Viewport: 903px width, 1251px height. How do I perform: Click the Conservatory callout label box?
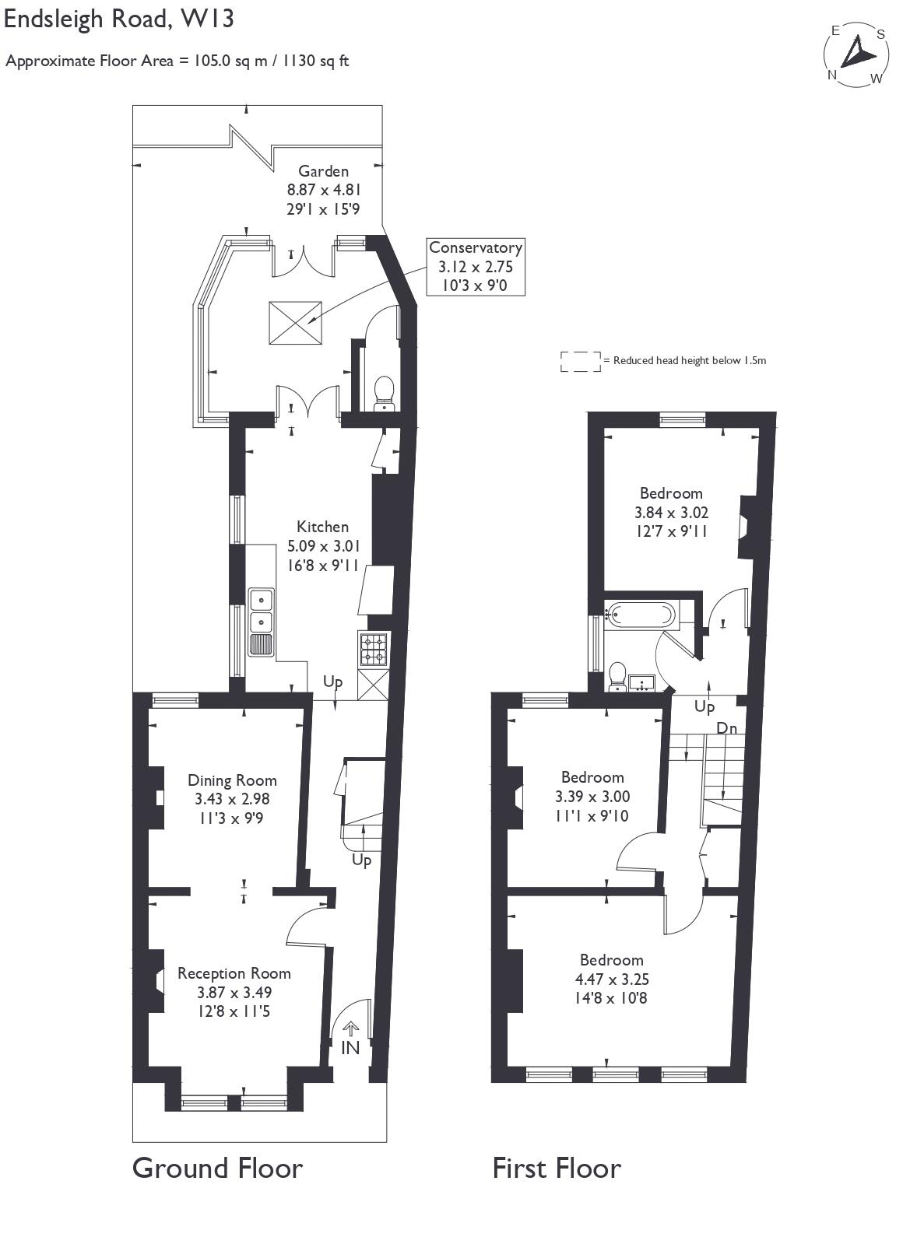[x=476, y=267]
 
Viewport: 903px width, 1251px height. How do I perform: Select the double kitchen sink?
[x=261, y=611]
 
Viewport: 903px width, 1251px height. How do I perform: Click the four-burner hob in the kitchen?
[x=373, y=650]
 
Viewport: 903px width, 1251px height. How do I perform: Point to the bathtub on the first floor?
[x=640, y=615]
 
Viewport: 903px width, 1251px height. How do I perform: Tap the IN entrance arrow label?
[x=350, y=1047]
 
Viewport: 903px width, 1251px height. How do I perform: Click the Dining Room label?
[x=232, y=780]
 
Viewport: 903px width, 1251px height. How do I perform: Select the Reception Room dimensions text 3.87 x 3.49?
[x=234, y=993]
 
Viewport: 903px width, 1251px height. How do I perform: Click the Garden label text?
[x=323, y=171]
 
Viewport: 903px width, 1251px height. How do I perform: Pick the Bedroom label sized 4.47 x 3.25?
[x=611, y=960]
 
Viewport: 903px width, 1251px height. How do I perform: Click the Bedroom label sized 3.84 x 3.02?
[x=671, y=493]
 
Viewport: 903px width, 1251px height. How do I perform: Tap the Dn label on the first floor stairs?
[x=726, y=728]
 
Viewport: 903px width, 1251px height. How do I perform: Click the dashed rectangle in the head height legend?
[x=580, y=361]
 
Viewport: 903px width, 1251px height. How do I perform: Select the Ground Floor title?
[x=217, y=1168]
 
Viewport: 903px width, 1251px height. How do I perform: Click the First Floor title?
[x=557, y=1168]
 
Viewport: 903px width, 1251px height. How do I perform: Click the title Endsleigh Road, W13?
[x=119, y=19]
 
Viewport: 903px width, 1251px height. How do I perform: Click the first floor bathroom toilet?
[x=618, y=676]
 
